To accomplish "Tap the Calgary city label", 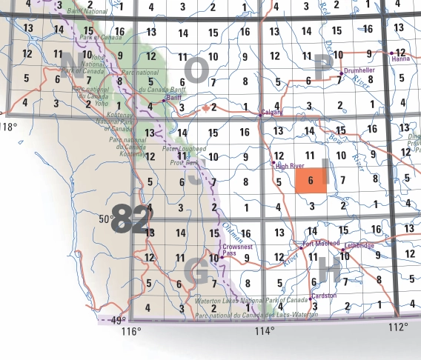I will click(272, 113).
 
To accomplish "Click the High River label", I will click(289, 167).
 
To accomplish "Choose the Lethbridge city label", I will click(359, 244).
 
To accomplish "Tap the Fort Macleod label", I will click(321, 243).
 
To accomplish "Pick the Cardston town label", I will click(323, 295).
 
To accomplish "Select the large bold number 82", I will click(130, 221).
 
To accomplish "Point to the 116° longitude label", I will click(131, 331).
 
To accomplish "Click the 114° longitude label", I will click(265, 331).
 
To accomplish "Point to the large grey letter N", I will click(72, 62).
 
